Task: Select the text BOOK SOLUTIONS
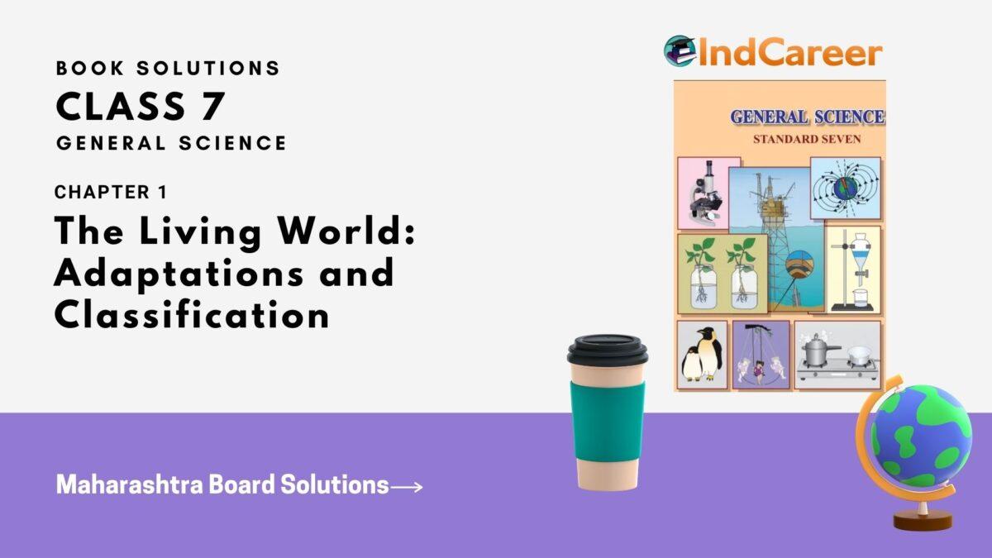[168, 69]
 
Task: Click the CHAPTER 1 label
[111, 193]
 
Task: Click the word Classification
[192, 314]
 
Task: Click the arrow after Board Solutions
[407, 487]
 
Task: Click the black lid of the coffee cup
[608, 352]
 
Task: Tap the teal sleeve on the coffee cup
[608, 421]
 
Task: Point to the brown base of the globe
[922, 521]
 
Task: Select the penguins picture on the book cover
[702, 355]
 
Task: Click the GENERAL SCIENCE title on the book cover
[806, 117]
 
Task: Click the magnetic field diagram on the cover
[845, 188]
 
